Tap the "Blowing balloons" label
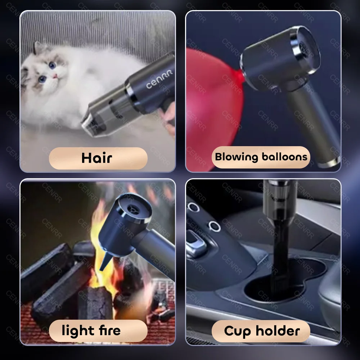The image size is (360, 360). point(261,157)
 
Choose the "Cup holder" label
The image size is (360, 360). point(262,330)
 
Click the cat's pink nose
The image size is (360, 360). point(55,76)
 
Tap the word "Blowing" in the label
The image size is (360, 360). point(237,157)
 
